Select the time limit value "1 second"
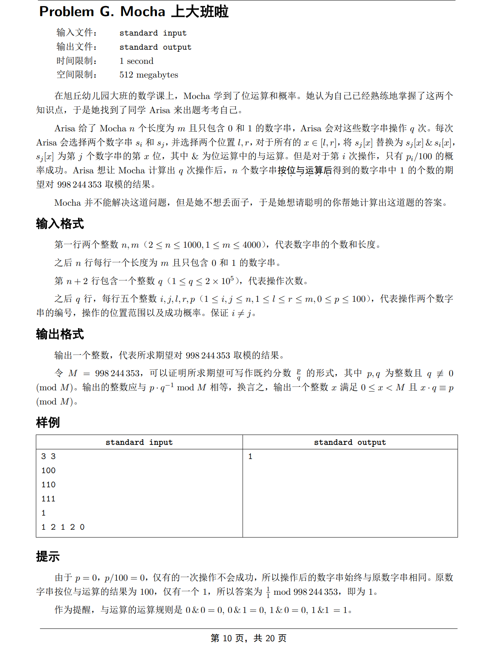136,61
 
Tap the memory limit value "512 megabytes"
148,75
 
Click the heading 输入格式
60,223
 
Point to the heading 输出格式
60,334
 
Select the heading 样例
48,422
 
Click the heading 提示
48,556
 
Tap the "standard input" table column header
139,442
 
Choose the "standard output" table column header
350,442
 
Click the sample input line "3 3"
49,456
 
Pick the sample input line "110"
49,484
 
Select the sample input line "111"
49,499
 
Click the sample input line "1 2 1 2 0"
63,527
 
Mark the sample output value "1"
250,456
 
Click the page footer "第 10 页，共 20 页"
248,638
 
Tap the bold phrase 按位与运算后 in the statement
305,171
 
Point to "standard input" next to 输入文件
153,33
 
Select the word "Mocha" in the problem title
143,12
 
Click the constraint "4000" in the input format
252,244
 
